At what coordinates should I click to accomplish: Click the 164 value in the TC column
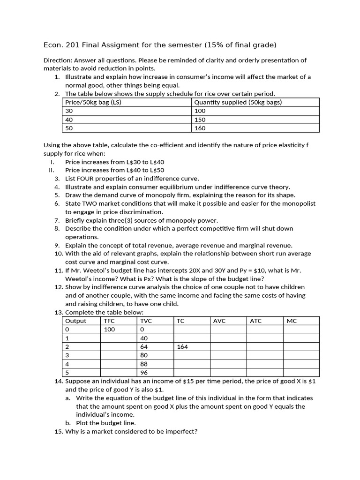[x=183, y=347]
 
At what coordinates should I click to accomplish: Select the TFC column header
[x=109, y=321]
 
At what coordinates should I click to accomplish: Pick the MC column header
[x=292, y=321]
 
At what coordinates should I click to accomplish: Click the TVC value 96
[x=144, y=373]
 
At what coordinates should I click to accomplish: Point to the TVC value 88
[x=144, y=364]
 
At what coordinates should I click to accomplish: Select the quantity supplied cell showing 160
[x=200, y=128]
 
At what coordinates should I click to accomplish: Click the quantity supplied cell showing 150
[x=200, y=120]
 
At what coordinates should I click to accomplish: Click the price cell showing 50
[x=69, y=128]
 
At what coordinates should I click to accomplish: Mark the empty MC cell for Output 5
[x=301, y=373]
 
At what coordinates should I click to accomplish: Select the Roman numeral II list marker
[x=52, y=170]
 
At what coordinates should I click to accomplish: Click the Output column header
[x=76, y=321]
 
